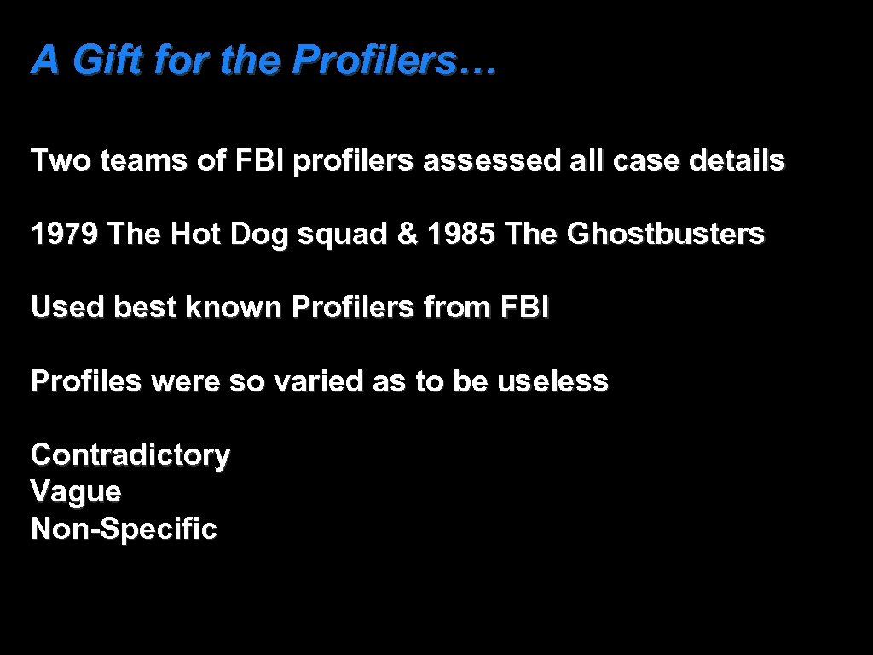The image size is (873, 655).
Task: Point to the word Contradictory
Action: click(x=130, y=455)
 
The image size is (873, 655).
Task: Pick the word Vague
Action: click(x=76, y=492)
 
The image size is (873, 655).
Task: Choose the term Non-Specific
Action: click(x=124, y=530)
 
